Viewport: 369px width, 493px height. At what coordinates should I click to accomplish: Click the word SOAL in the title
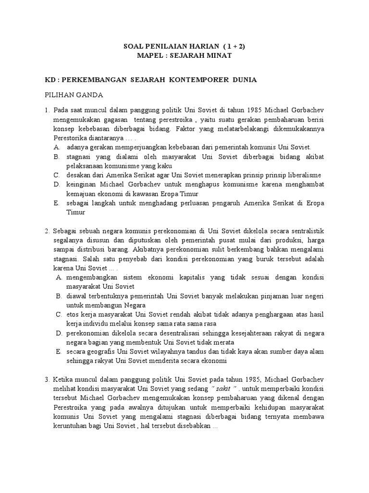tap(134, 47)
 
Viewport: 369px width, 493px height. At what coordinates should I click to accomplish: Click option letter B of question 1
tap(56, 157)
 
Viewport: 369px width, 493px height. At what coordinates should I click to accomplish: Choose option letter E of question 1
tap(56, 203)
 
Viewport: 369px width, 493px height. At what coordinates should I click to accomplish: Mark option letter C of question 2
tap(58, 315)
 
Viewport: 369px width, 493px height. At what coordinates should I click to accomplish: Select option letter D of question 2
tap(58, 333)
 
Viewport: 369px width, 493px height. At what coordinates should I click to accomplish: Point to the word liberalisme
tap(302, 175)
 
